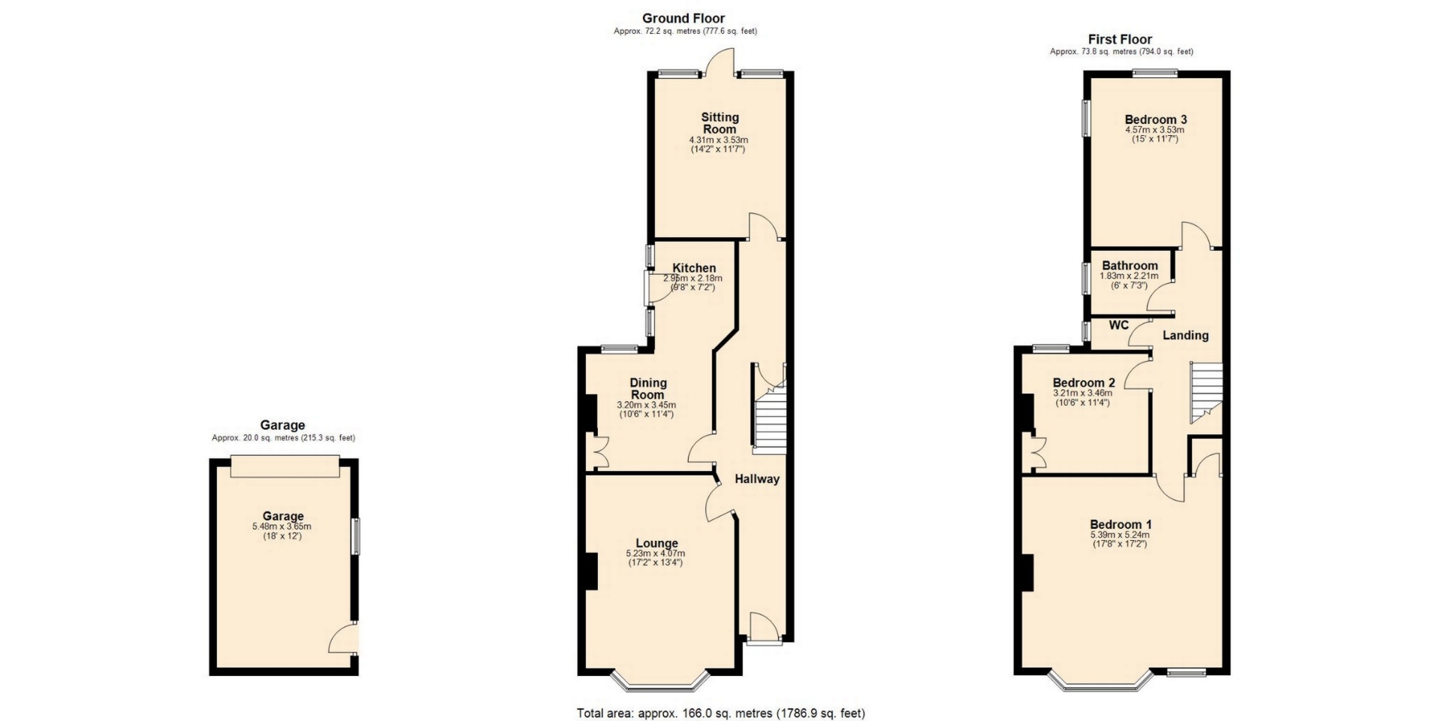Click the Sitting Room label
(x=719, y=122)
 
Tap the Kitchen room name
(x=694, y=268)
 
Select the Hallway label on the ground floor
(x=757, y=479)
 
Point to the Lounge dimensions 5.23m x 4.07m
(x=656, y=554)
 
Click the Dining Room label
(x=647, y=388)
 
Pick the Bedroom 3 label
(x=1156, y=119)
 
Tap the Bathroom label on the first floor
(x=1130, y=265)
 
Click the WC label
(x=1119, y=325)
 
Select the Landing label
(x=1186, y=336)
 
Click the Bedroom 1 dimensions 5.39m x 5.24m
(x=1120, y=535)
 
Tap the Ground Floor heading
(x=683, y=18)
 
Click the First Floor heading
(x=1120, y=39)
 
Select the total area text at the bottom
(x=721, y=713)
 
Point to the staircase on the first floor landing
(x=1206, y=392)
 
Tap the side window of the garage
(x=356, y=536)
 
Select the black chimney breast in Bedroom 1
(x=1027, y=572)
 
